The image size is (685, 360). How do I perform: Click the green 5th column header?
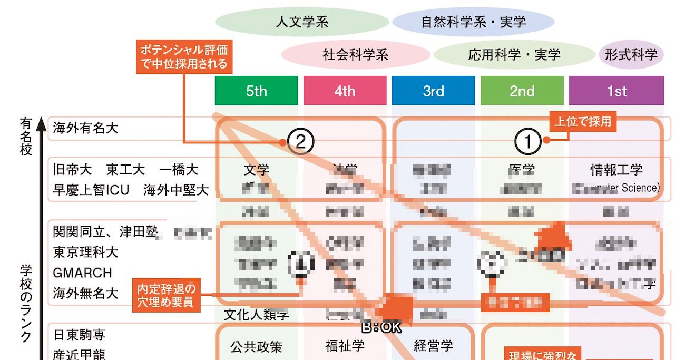tap(256, 91)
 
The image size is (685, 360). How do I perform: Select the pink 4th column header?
tap(345, 91)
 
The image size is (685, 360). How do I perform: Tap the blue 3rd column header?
tap(433, 91)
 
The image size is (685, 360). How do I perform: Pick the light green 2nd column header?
tap(522, 91)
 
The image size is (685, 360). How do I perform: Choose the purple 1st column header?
tap(616, 91)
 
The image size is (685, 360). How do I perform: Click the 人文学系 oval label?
tap(302, 22)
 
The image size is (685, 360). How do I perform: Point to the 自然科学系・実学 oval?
tap(473, 22)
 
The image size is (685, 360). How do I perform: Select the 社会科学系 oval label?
tap(355, 54)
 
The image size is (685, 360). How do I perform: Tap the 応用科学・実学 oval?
tap(514, 54)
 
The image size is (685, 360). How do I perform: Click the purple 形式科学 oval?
tap(631, 54)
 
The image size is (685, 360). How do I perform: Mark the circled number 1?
tap(531, 141)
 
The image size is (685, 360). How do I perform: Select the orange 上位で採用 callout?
tap(583, 122)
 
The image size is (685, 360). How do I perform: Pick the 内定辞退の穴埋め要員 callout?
tap(166, 295)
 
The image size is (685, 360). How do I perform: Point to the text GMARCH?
tap(82, 273)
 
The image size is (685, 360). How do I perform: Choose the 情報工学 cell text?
tap(616, 170)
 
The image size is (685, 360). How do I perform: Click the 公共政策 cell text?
tap(256, 346)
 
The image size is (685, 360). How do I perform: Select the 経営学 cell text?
tap(433, 346)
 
